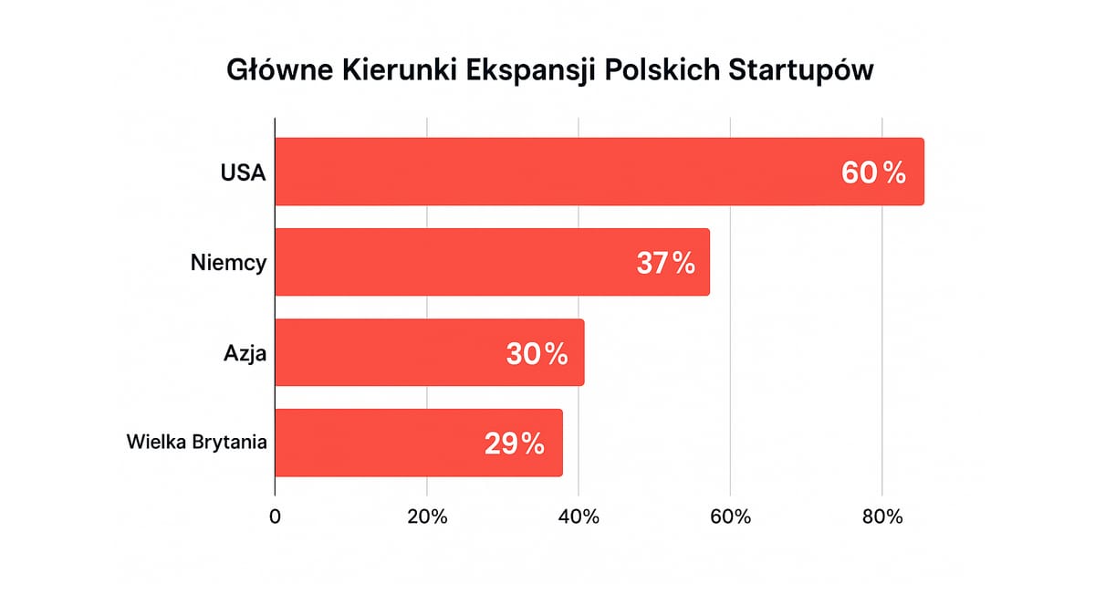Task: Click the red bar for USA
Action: (547, 172)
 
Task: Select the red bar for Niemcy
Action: (456, 262)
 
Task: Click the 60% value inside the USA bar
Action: (873, 172)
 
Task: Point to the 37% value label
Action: (665, 263)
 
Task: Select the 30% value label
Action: (537, 353)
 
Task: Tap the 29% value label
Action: (514, 444)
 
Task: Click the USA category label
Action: (243, 172)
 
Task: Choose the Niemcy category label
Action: (229, 263)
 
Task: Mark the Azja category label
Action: (245, 353)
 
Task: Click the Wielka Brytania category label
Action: (196, 444)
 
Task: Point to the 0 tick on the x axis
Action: (276, 517)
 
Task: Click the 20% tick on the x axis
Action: (427, 517)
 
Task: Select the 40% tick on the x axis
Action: (579, 517)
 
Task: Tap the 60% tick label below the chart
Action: (730, 517)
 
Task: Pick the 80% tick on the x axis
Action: (881, 517)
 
